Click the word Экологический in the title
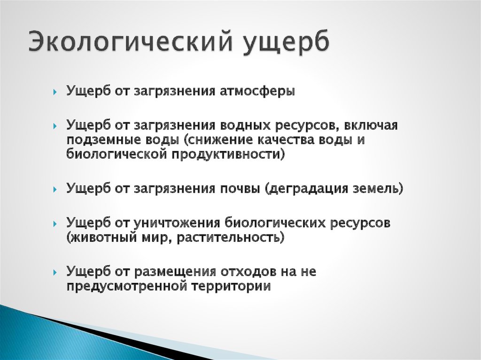click(130, 41)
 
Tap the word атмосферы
click(257, 91)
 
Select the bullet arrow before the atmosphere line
click(55, 92)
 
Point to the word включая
click(371, 125)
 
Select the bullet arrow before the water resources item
click(55, 126)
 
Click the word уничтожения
click(177, 223)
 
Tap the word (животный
click(101, 237)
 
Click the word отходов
click(247, 272)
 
